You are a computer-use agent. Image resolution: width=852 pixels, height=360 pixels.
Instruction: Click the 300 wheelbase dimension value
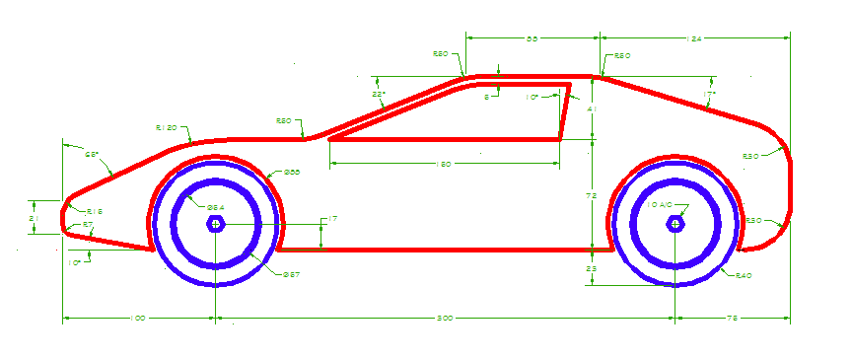[x=446, y=318]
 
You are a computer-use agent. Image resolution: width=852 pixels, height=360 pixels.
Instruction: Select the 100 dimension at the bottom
[x=138, y=318]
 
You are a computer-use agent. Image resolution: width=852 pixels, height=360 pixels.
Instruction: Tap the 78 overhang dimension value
[x=732, y=318]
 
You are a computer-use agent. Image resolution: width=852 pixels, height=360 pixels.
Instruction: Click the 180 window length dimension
[x=444, y=165]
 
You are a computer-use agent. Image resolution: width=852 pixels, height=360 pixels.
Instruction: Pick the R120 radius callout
[x=166, y=128]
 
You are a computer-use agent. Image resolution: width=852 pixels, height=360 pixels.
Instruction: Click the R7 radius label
[x=88, y=225]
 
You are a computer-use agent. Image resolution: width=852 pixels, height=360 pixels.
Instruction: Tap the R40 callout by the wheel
[x=744, y=276]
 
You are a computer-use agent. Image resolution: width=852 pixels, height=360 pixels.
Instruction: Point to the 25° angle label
[x=91, y=155]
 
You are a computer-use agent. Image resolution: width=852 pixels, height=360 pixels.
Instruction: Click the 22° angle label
[x=378, y=95]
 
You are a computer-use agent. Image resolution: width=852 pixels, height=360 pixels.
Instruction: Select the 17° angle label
[x=709, y=95]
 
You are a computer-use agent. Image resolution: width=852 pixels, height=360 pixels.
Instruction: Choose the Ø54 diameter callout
[x=215, y=205]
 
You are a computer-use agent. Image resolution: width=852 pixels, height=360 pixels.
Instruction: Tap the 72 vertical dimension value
[x=593, y=196]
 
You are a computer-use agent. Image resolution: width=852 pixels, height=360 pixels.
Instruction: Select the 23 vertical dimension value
[x=593, y=268]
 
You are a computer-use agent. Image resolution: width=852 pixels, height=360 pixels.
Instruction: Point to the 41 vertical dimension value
[x=593, y=108]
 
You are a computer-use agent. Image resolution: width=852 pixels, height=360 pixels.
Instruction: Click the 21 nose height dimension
[x=33, y=217]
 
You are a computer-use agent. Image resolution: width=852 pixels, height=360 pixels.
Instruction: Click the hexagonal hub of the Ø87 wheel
[x=215, y=224]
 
